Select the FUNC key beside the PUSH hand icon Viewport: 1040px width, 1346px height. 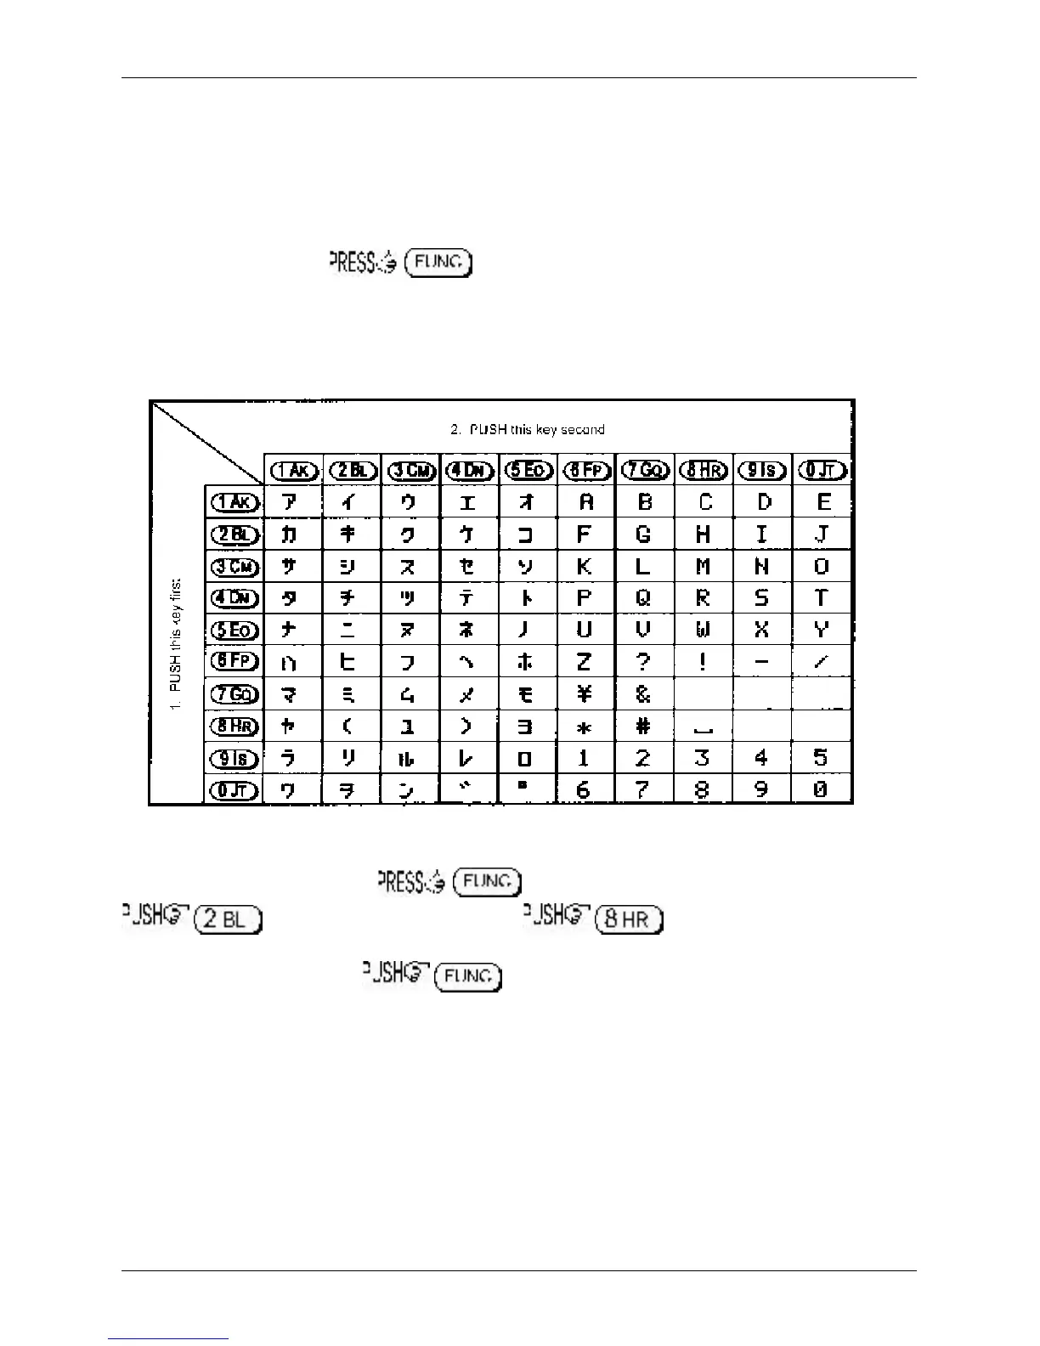pyautogui.click(x=468, y=977)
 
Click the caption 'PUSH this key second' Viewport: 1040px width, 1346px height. pyautogui.click(x=528, y=430)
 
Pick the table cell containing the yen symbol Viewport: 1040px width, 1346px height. pyautogui.click(x=585, y=694)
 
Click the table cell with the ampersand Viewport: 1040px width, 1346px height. pyautogui.click(x=643, y=694)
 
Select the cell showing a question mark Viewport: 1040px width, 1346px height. pyautogui.click(x=643, y=662)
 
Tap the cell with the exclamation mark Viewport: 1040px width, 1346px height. pyautogui.click(x=703, y=662)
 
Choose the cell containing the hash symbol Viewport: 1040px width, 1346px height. pyautogui.click(x=643, y=727)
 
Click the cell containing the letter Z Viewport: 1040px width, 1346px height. pyautogui.click(x=585, y=662)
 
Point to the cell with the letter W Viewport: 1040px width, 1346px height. pyautogui.click(x=703, y=630)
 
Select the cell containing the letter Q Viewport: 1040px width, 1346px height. pyautogui.click(x=643, y=598)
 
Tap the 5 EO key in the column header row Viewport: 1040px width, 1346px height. pyautogui.click(x=528, y=470)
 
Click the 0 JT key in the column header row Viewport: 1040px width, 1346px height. pyautogui.click(x=822, y=470)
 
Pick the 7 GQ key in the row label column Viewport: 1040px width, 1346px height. pyautogui.click(x=234, y=694)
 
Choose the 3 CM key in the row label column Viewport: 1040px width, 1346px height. pyautogui.click(x=234, y=567)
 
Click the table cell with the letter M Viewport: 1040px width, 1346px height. pyautogui.click(x=703, y=567)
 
